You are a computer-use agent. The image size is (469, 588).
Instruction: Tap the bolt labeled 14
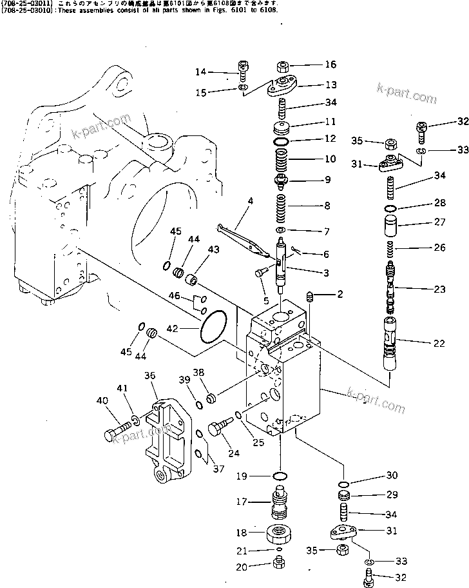[244, 68]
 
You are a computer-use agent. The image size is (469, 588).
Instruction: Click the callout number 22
[439, 344]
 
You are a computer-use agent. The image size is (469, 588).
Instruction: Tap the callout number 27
[439, 223]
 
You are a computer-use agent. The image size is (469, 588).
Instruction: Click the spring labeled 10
[282, 159]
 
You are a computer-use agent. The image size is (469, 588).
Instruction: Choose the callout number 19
[242, 477]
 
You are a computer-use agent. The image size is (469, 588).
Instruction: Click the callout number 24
[233, 454]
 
